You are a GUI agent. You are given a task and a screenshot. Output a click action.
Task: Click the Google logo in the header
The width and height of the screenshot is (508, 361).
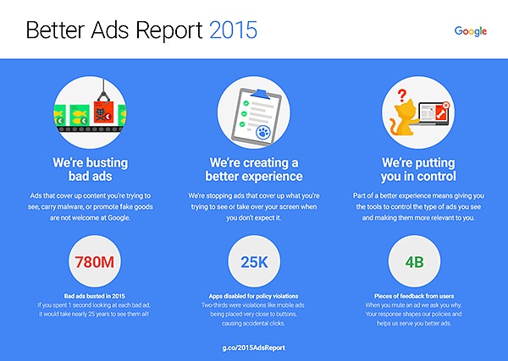(x=470, y=30)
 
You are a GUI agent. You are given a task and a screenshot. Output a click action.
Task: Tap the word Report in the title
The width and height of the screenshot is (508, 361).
(x=162, y=31)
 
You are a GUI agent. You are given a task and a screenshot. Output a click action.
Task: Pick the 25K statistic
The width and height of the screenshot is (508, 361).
(x=253, y=260)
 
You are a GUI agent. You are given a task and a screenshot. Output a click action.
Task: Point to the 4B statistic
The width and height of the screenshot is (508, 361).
(x=413, y=260)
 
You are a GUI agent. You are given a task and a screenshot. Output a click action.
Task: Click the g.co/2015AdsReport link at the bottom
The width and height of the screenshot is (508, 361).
(x=253, y=346)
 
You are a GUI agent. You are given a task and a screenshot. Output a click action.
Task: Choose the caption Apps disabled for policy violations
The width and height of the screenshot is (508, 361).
(x=253, y=294)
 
